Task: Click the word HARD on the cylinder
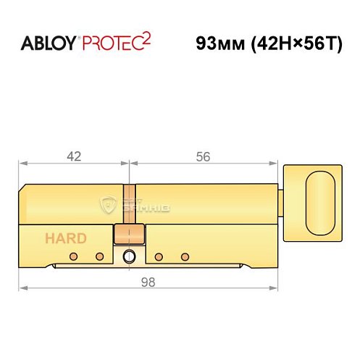(x=66, y=237)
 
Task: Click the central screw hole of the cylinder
(x=129, y=256)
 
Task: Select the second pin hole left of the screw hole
(x=99, y=257)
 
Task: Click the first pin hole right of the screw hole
(x=158, y=257)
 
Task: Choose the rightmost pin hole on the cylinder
(x=185, y=257)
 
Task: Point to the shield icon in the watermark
(x=108, y=205)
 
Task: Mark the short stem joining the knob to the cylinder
(x=280, y=204)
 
